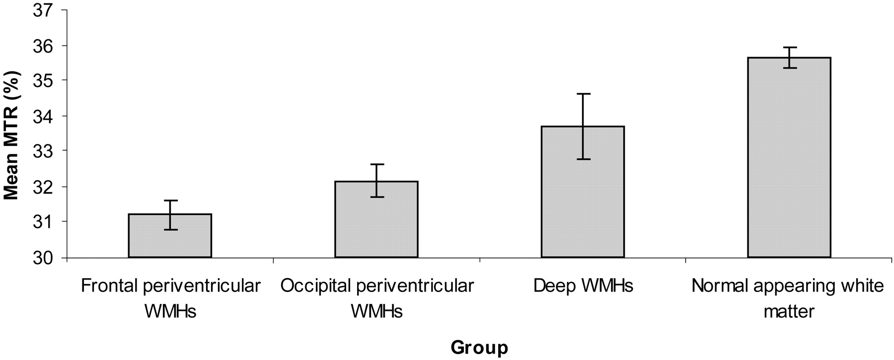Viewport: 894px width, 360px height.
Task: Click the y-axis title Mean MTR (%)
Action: coord(11,136)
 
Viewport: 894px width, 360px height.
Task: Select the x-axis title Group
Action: coord(479,348)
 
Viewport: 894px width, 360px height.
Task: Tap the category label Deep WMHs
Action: coord(583,286)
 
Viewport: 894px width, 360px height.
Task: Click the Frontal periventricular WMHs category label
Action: coord(170,298)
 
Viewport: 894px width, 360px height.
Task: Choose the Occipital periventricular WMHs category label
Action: coord(376,298)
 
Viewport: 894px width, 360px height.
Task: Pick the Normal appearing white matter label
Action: coord(788,298)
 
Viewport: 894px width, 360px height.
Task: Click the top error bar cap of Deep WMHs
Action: coord(583,93)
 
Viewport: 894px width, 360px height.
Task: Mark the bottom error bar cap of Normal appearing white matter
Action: coord(789,68)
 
